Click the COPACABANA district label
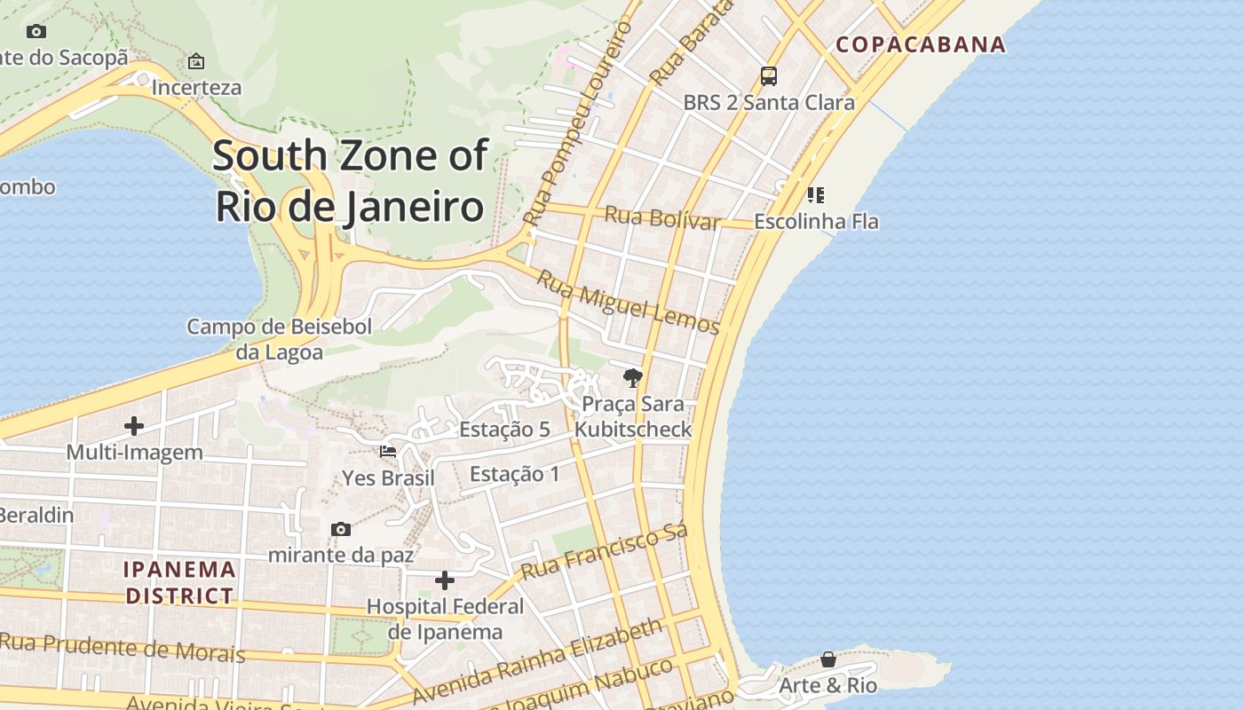921,44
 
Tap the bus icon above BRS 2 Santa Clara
769,76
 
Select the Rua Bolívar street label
661,217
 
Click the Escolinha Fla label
816,221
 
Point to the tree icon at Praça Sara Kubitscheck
632,379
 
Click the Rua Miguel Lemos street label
628,303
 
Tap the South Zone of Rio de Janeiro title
350,181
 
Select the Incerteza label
196,87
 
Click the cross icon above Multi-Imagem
134,427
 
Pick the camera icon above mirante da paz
341,530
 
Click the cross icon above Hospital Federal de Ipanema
445,581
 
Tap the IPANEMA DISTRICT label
180,582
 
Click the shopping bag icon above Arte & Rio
827,660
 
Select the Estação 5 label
504,430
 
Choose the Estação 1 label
515,474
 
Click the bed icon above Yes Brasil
388,452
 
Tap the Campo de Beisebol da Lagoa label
279,339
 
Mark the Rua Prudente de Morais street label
123,648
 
